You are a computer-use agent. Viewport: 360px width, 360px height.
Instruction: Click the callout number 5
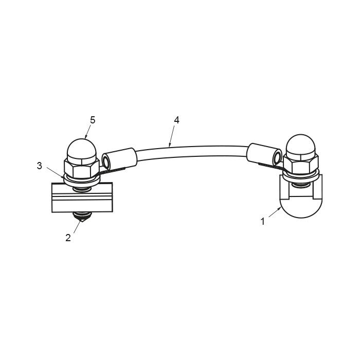click(93, 120)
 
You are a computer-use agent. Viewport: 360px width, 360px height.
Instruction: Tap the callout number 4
click(176, 120)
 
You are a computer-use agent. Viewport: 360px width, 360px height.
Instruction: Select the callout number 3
click(40, 166)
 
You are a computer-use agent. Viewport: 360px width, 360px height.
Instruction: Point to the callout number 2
click(68, 238)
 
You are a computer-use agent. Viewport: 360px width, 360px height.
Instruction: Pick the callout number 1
click(263, 222)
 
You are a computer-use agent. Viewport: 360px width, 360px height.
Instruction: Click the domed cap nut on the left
click(82, 149)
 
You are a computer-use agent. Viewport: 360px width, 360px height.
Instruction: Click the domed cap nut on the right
click(301, 146)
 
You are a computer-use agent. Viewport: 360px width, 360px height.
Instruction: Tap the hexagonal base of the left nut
click(82, 168)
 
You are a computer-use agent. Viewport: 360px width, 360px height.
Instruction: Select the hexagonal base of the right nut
click(301, 165)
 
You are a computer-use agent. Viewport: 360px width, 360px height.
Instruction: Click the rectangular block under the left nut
click(82, 197)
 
